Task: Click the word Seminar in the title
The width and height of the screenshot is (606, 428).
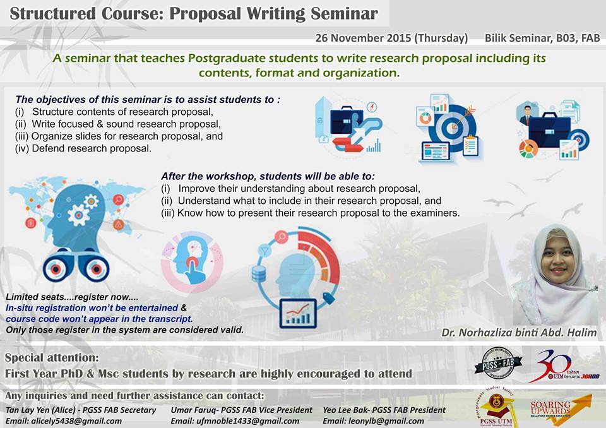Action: click(x=344, y=13)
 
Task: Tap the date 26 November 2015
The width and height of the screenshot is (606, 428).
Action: click(x=364, y=38)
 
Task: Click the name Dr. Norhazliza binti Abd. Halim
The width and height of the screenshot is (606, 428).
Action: click(x=519, y=333)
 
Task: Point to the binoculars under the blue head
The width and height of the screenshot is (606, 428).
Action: click(x=76, y=267)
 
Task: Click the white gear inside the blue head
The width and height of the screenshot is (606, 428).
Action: click(x=78, y=215)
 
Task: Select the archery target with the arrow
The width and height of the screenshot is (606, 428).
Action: click(x=451, y=126)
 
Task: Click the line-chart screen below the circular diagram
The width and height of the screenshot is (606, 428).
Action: click(x=298, y=314)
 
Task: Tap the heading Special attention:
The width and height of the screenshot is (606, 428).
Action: click(x=52, y=358)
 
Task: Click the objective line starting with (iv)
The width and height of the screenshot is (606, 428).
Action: click(x=83, y=148)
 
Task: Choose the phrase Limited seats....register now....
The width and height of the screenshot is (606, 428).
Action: click(x=72, y=297)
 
